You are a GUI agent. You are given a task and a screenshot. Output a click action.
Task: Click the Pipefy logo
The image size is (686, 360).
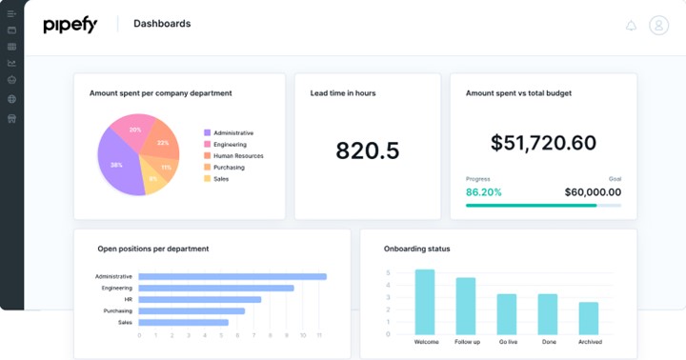tap(70, 26)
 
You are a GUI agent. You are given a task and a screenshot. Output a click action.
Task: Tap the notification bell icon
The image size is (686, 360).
tap(631, 26)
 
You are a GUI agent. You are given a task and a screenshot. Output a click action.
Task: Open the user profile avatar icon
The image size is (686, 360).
tap(658, 26)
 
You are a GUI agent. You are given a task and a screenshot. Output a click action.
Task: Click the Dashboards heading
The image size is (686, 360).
tap(162, 24)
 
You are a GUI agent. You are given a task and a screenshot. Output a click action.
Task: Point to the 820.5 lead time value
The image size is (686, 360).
tap(368, 150)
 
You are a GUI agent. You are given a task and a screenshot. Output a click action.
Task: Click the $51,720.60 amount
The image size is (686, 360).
tap(543, 143)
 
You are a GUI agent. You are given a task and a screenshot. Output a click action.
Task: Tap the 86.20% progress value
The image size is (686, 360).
tap(484, 191)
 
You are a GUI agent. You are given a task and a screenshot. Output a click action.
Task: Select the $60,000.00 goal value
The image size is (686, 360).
tap(593, 191)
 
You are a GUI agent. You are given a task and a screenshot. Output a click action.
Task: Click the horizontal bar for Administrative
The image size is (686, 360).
tap(232, 276)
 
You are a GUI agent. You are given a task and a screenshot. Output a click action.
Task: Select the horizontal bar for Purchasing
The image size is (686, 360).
tap(192, 310)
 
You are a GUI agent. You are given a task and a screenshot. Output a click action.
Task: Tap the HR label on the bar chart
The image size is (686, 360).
tap(128, 299)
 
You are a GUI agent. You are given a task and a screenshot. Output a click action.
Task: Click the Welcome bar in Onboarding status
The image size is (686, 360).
tap(425, 302)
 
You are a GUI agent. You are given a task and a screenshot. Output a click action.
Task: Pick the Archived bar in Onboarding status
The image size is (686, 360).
tap(589, 318)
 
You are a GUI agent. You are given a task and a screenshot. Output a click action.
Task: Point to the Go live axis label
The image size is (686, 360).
tap(507, 342)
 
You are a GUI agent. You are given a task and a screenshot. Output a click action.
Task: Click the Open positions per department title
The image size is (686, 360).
tap(153, 249)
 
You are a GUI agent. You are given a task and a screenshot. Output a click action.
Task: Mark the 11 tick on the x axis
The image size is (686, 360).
tap(320, 335)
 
